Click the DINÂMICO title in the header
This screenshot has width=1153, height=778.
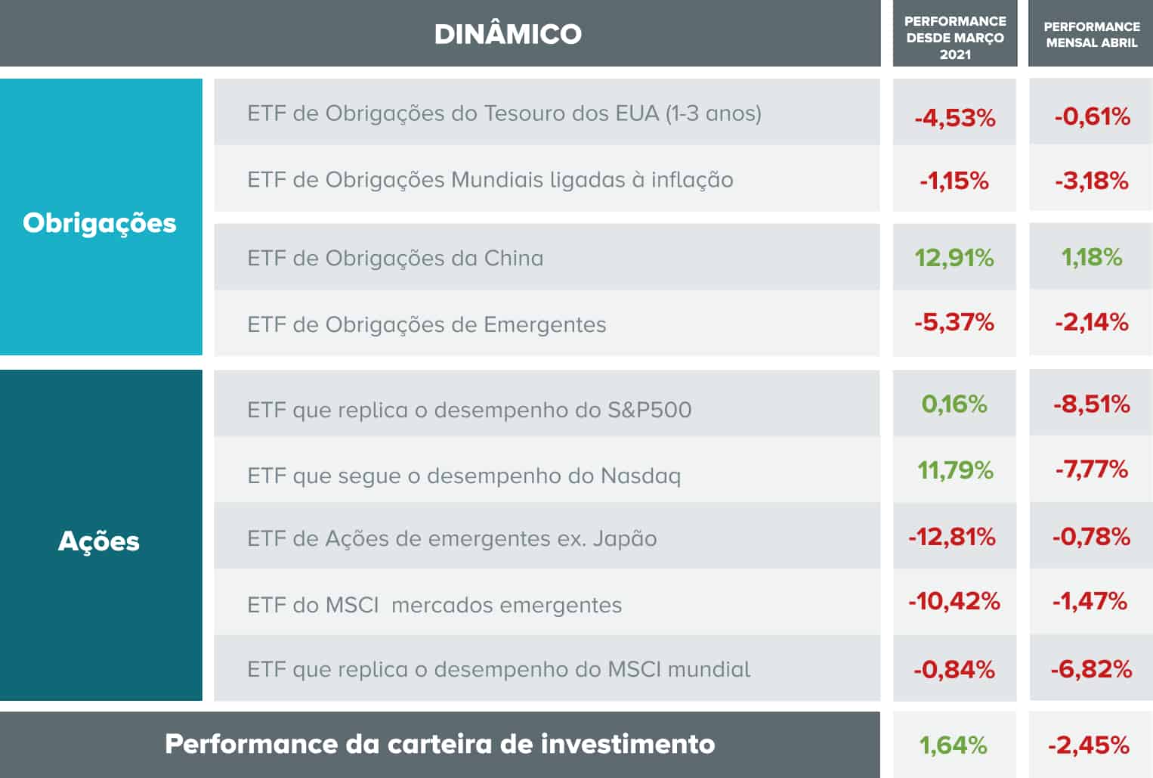[x=508, y=34]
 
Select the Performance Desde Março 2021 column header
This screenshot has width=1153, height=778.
[x=955, y=37]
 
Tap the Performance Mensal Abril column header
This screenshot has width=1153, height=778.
[x=1091, y=35]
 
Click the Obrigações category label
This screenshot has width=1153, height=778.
[x=100, y=223]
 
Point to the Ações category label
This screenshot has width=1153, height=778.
[x=99, y=541]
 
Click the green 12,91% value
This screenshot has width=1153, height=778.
[x=954, y=258]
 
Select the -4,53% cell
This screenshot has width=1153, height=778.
[x=954, y=118]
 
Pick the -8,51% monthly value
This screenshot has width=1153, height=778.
[x=1091, y=404]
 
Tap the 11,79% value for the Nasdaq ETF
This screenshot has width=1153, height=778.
[x=955, y=470]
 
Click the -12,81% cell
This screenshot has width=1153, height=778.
[x=952, y=537]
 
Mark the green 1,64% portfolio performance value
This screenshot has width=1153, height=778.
[x=953, y=745]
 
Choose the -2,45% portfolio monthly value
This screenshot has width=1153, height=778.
[x=1089, y=745]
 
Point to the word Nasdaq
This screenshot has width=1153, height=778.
[x=641, y=476]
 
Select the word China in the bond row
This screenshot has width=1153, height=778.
[x=513, y=259]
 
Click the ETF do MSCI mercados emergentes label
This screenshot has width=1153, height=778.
[x=434, y=606]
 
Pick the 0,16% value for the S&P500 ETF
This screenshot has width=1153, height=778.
[x=954, y=404]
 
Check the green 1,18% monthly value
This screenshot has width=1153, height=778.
[x=1092, y=257]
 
